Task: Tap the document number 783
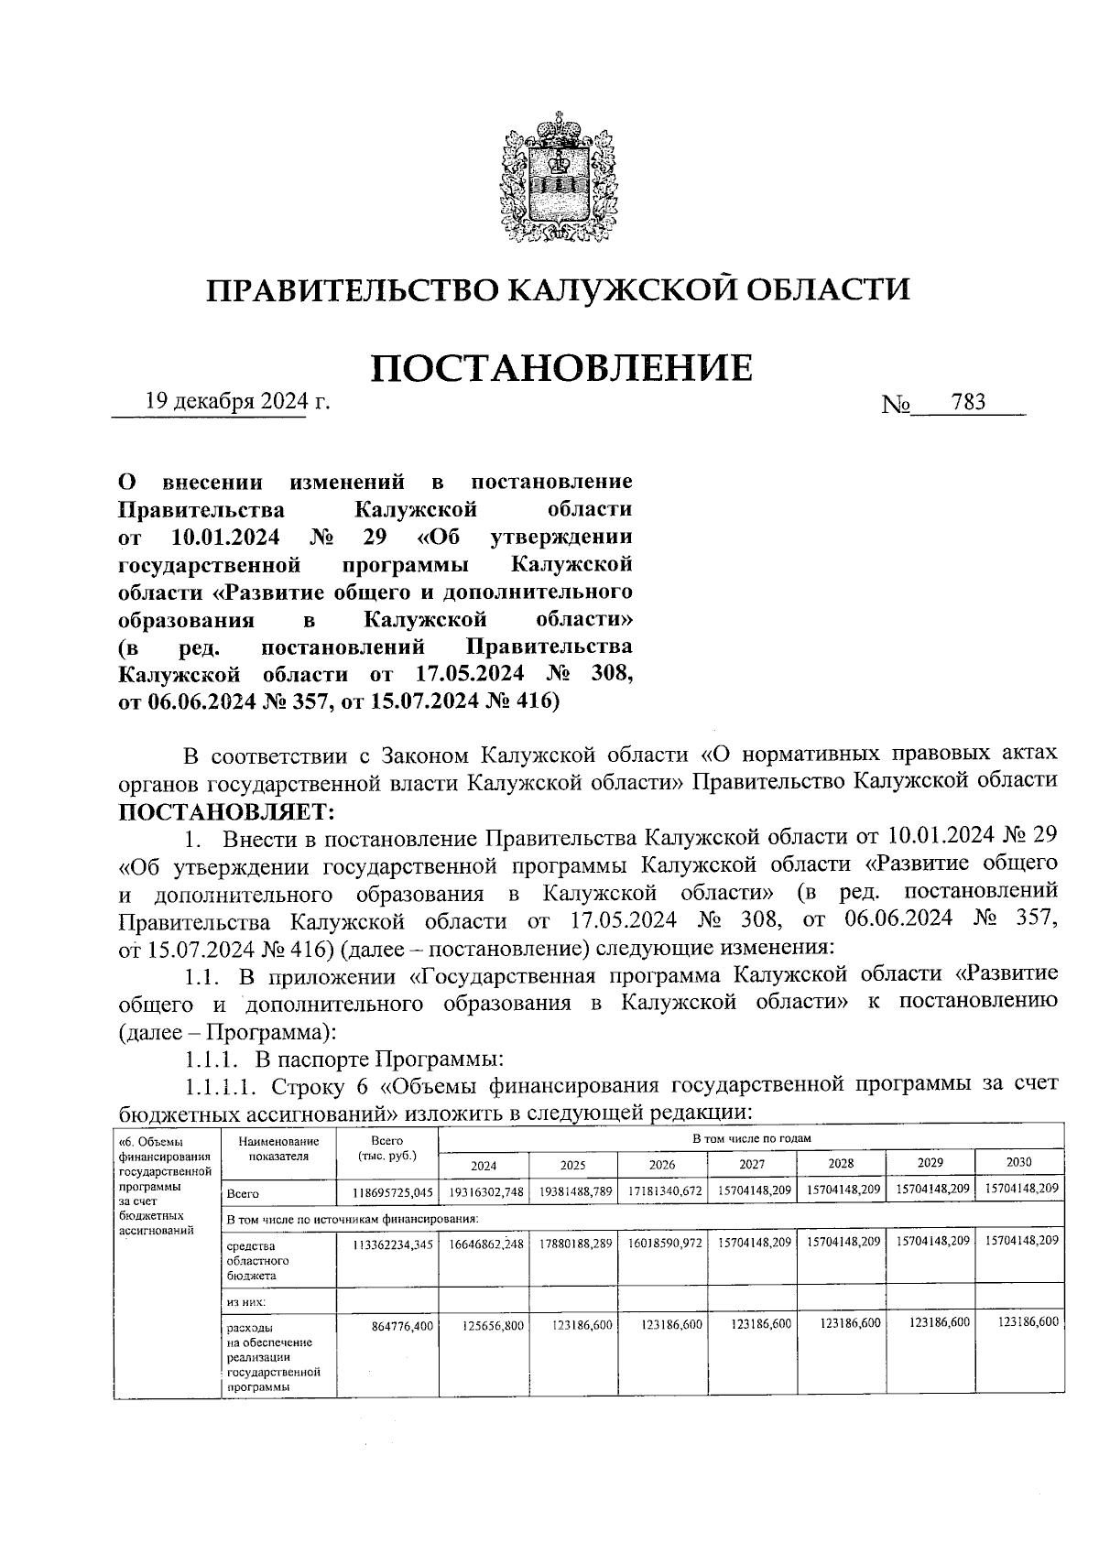point(968,402)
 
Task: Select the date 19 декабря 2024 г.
point(236,402)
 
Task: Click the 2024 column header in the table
point(484,1165)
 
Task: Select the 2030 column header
point(1018,1162)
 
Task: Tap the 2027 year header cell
point(752,1165)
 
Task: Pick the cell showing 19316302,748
point(485,1191)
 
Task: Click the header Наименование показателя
point(278,1148)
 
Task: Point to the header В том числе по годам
point(751,1137)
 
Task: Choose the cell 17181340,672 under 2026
point(663,1191)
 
